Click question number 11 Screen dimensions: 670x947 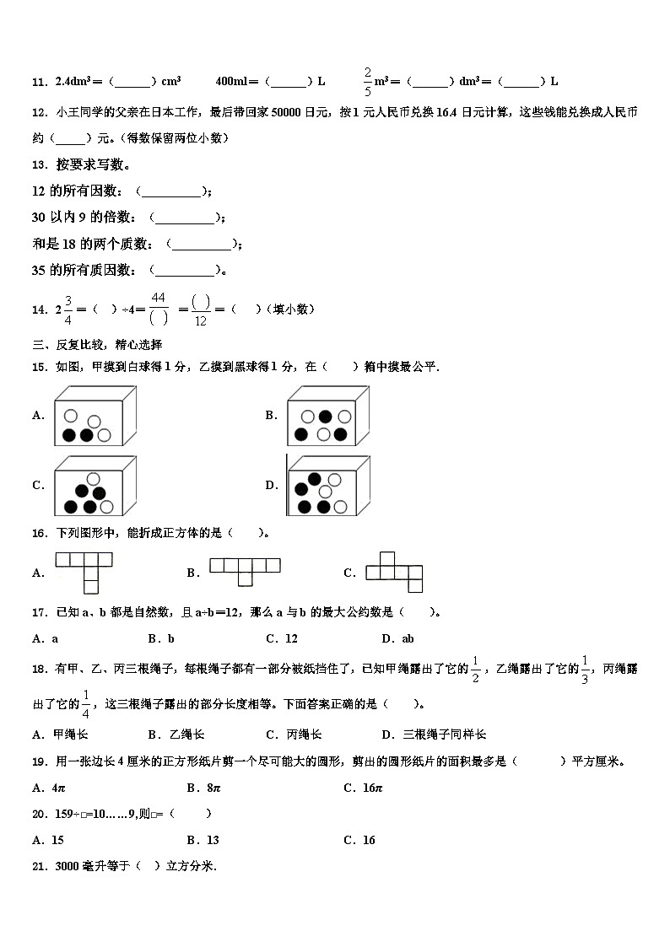38,82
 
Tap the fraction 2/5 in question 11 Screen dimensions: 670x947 368,81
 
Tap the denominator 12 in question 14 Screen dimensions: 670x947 200,320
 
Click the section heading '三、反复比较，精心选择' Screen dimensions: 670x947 97,344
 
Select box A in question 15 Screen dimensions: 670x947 94,416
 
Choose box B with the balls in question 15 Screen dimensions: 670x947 327,416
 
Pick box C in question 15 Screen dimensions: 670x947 94,486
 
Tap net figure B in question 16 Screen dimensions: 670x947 245,571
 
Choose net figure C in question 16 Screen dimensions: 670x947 394,572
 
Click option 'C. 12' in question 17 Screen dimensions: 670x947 282,638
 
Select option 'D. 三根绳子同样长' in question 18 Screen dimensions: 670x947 434,734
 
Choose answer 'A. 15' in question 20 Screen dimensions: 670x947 48,840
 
